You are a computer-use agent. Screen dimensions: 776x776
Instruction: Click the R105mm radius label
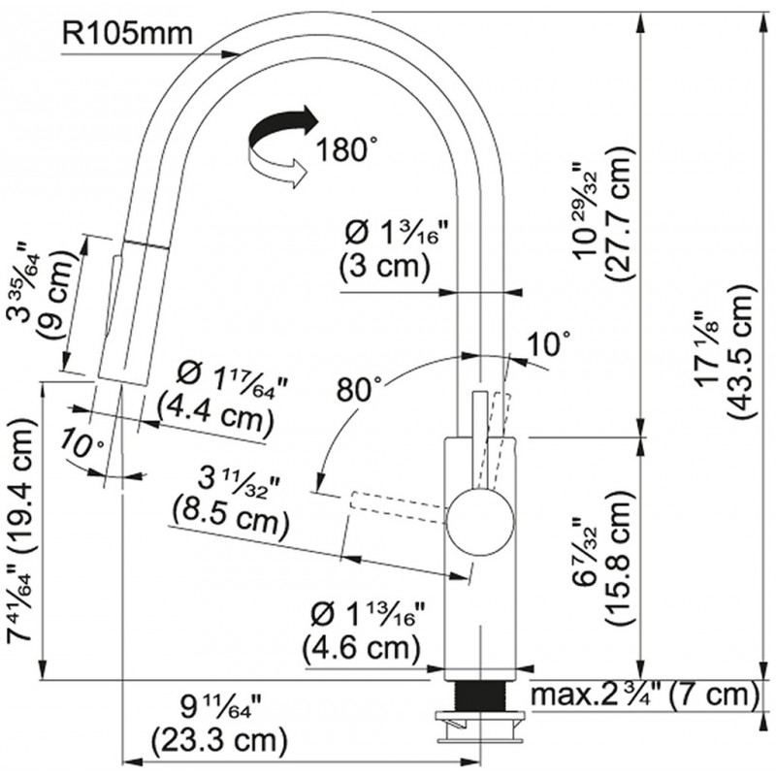point(127,34)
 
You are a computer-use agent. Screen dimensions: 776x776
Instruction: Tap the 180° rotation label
point(346,149)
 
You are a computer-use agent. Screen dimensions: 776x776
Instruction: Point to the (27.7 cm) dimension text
point(619,214)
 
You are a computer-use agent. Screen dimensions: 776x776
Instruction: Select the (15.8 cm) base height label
point(619,559)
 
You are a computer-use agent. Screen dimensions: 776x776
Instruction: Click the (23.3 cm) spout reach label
point(219,740)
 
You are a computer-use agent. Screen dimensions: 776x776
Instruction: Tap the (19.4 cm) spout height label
point(22,489)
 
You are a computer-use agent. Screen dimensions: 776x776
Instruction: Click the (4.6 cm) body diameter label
point(361,647)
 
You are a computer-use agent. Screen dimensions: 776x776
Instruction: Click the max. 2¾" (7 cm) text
point(644,695)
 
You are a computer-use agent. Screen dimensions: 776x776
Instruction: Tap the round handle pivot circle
point(480,522)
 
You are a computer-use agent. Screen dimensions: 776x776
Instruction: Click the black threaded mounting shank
point(480,695)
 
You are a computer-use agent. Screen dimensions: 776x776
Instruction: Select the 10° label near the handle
point(548,343)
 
